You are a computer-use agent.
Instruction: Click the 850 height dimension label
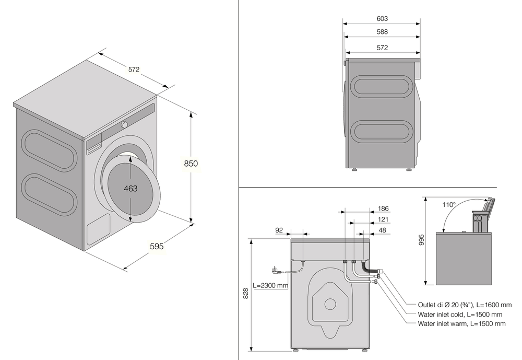point(191,164)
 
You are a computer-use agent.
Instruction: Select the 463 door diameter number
point(130,188)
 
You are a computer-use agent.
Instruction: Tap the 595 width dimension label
point(156,246)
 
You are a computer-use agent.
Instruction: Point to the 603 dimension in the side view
point(382,19)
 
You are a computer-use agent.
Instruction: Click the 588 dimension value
point(382,32)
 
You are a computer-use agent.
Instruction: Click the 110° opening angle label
point(449,205)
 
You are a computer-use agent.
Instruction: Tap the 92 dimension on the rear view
point(279,229)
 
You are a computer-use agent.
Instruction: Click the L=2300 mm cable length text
point(270,286)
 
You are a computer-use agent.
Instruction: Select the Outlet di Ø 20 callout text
point(461,305)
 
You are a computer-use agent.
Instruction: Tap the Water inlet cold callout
point(460,315)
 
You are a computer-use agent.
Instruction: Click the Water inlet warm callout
point(461,324)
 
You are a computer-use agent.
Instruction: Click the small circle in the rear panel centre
point(329,304)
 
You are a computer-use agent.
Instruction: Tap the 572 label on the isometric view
point(134,69)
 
